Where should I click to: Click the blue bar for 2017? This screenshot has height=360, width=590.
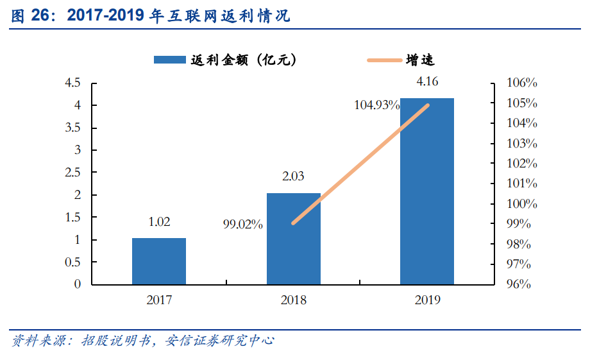click(159, 261)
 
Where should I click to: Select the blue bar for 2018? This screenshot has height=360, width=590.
click(294, 239)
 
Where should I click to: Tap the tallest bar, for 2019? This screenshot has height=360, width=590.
click(427, 191)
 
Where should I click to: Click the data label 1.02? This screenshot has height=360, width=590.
click(159, 222)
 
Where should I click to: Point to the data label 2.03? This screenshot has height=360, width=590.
click(294, 177)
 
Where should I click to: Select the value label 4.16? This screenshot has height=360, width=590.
click(427, 81)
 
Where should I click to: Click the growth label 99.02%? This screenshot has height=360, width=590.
click(243, 225)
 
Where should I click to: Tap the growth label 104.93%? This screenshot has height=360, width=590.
click(377, 106)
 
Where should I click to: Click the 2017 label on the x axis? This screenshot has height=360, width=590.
click(159, 300)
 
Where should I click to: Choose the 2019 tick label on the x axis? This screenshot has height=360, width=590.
click(427, 300)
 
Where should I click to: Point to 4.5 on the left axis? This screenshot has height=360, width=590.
click(72, 83)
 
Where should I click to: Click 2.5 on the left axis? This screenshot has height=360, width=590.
click(72, 173)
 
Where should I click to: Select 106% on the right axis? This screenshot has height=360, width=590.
click(521, 83)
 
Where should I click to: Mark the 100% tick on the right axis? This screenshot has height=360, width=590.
click(521, 204)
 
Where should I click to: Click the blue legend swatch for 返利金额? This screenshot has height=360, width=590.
click(171, 60)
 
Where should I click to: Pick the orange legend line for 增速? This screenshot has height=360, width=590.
click(383, 60)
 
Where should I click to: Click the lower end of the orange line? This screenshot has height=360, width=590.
click(293, 223)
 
